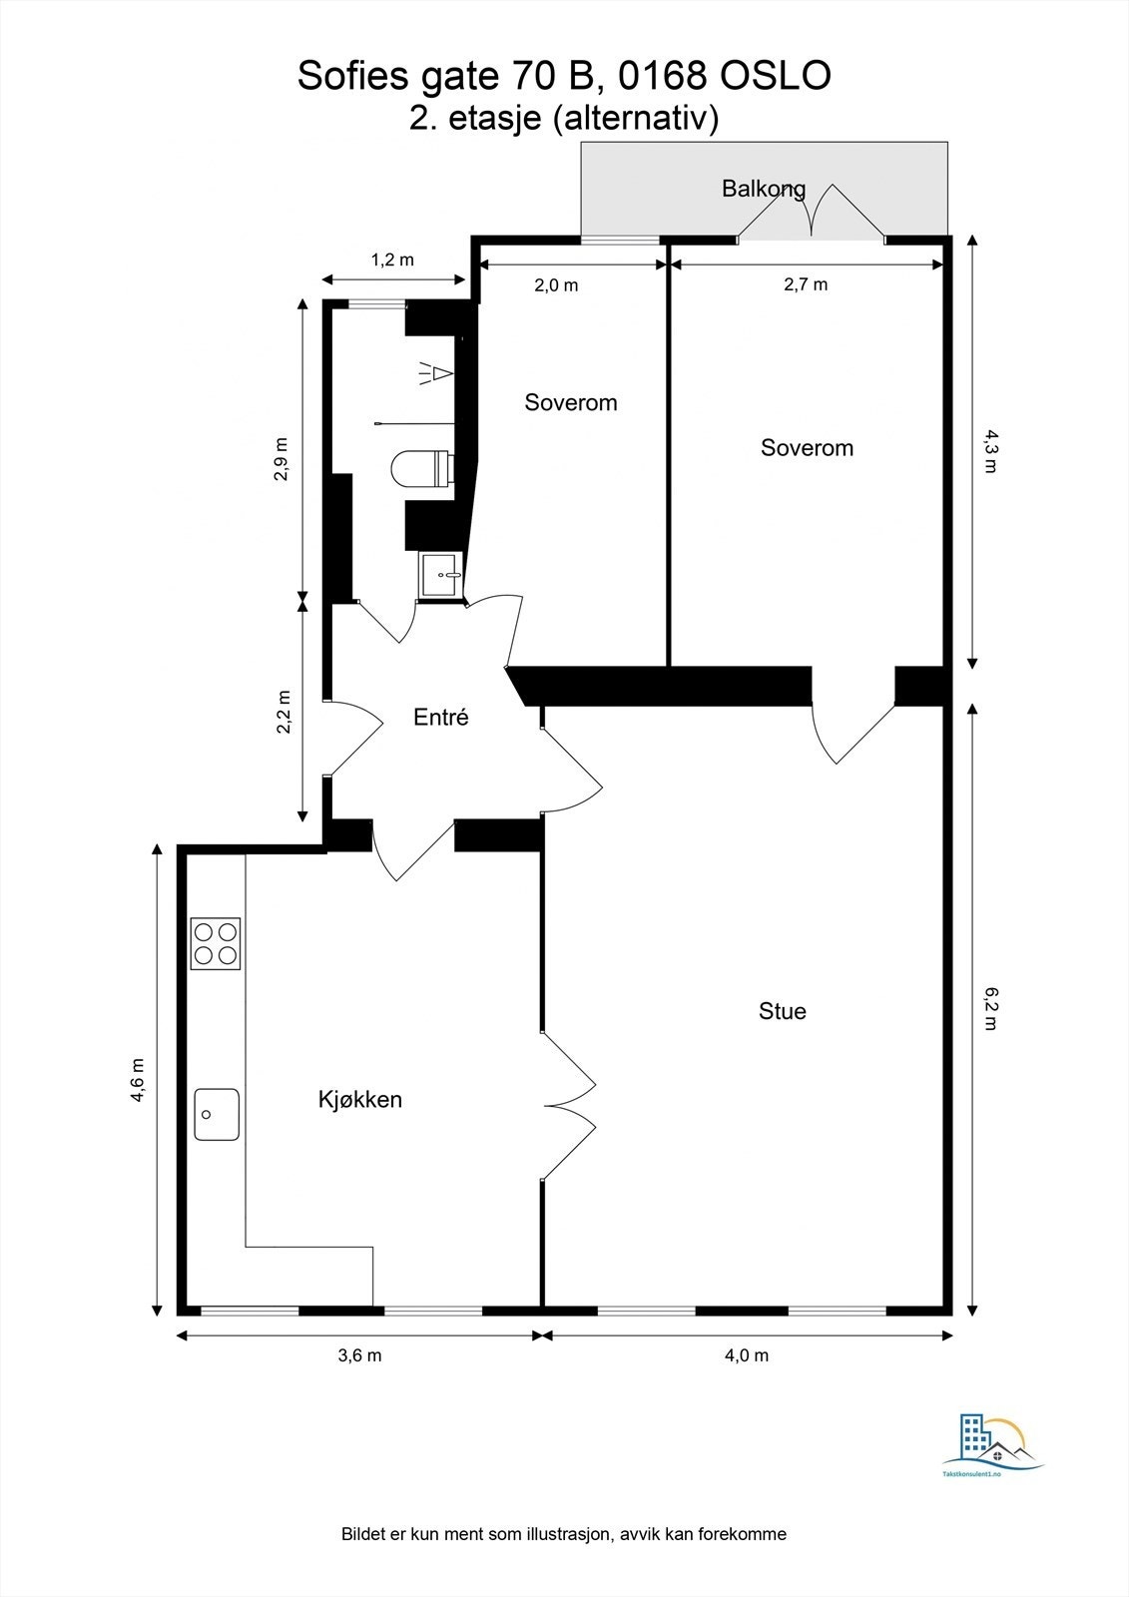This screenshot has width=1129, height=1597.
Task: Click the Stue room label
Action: pos(782,1011)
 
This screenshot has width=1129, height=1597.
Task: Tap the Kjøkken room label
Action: pos(359,1100)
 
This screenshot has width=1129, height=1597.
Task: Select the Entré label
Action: pos(440,717)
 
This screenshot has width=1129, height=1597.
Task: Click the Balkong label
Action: pos(763,188)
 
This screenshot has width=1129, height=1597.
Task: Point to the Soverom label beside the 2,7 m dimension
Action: pos(807,447)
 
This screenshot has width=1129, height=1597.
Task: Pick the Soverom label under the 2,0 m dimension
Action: pos(570,402)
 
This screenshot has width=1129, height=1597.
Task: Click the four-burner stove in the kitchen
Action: pos(216,943)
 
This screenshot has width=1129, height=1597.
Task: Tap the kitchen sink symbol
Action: pos(216,1114)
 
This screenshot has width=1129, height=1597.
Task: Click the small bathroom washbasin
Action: pos(440,575)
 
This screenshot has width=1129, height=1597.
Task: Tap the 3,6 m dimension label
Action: pos(359,1354)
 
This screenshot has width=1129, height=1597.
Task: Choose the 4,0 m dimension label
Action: pos(747,1354)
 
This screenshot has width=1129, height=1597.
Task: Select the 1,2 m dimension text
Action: pos(392,261)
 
